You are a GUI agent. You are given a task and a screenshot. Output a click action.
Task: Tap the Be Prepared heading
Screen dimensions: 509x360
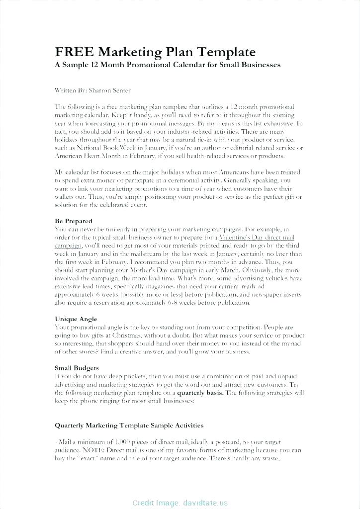pyautogui.click(x=73, y=221)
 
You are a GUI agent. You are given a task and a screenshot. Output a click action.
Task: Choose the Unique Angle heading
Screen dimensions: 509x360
pyautogui.click(x=76, y=319)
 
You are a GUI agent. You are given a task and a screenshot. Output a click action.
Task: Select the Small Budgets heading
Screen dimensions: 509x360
pyautogui.click(x=77, y=368)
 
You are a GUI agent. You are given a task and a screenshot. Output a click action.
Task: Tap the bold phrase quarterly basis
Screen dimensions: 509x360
pyautogui.click(x=200, y=393)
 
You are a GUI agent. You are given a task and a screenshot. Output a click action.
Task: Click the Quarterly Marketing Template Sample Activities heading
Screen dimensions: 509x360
pyautogui.click(x=129, y=425)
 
